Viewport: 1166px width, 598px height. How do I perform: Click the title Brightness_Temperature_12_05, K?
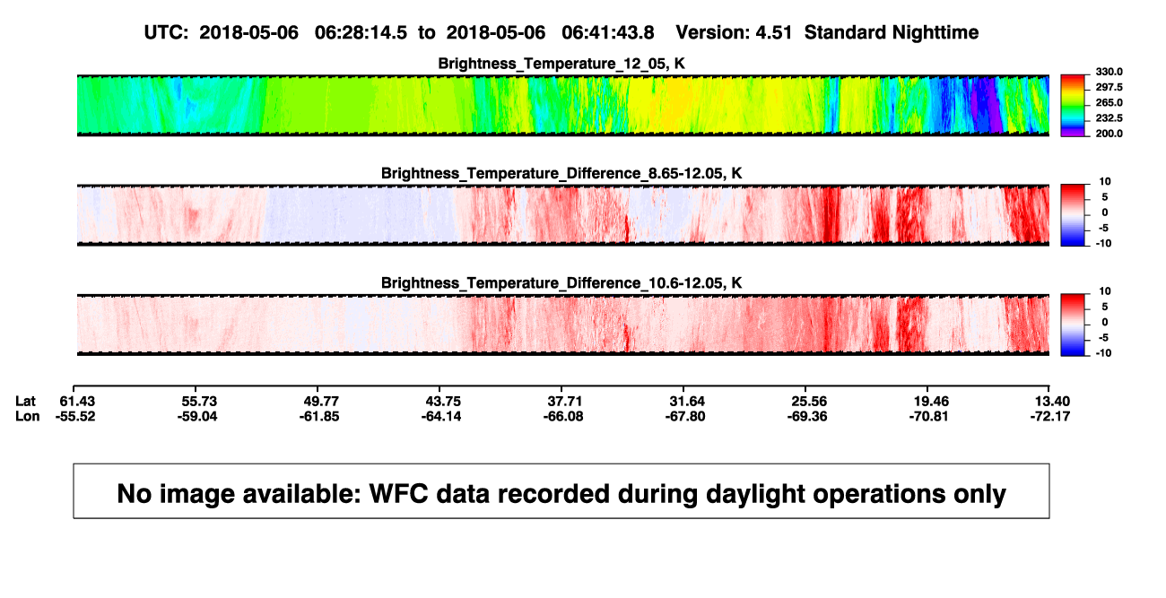coord(561,64)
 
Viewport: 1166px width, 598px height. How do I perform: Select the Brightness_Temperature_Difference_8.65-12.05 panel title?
coord(561,173)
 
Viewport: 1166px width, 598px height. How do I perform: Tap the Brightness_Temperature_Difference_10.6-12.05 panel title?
coord(561,283)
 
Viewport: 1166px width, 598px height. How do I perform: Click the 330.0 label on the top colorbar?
coord(1109,72)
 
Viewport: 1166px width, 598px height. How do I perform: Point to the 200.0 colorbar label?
coord(1109,134)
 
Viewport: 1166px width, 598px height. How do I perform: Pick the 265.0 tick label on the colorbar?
coord(1109,102)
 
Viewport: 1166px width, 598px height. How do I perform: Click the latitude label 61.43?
coord(77,402)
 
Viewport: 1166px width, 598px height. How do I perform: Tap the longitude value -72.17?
coord(1050,417)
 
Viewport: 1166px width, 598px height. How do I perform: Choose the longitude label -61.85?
coord(319,417)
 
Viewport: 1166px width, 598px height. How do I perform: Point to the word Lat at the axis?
coord(25,402)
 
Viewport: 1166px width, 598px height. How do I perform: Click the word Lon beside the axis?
coord(28,417)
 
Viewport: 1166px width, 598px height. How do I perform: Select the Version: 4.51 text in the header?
coord(734,33)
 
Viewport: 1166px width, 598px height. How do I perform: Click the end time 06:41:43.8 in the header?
coord(608,33)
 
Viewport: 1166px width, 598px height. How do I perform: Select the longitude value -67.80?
coord(685,417)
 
